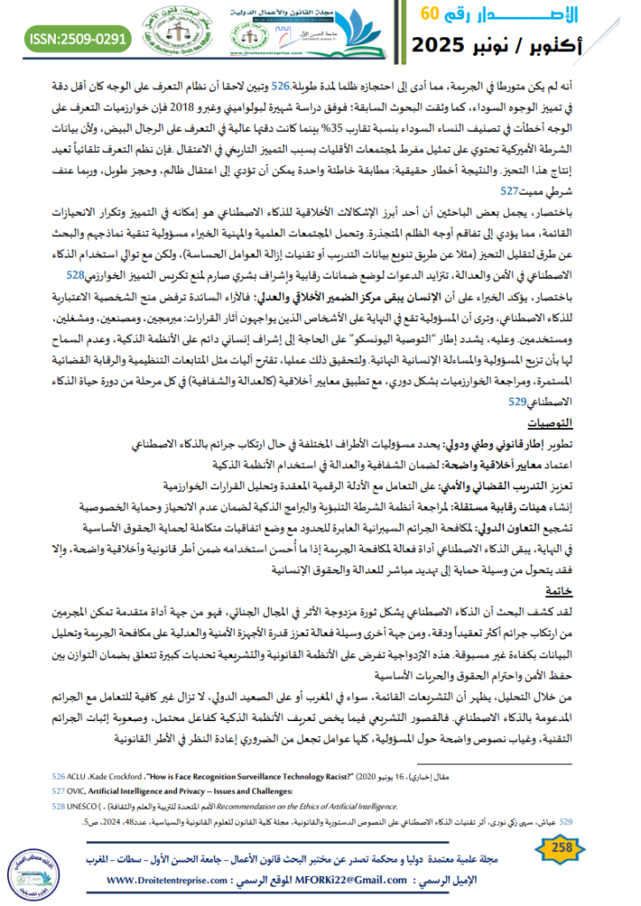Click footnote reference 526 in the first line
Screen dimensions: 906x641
point(280,88)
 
